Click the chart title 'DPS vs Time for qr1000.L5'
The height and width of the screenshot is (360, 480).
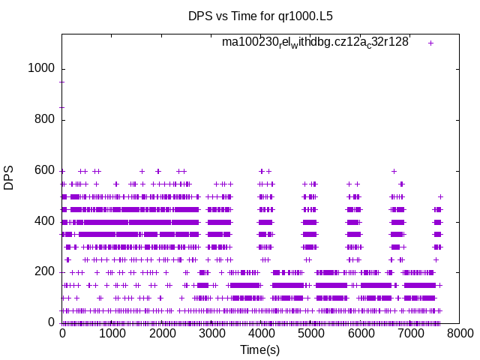click(259, 16)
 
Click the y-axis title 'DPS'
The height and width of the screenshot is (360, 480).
click(9, 178)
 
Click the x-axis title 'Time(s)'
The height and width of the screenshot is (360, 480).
click(259, 349)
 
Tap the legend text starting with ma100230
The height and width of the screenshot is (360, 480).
click(315, 42)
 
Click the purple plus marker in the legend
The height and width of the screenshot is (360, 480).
click(430, 43)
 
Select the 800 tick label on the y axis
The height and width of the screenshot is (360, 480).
click(44, 119)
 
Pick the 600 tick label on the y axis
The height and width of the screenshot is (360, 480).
click(44, 170)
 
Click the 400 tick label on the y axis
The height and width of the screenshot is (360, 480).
click(44, 221)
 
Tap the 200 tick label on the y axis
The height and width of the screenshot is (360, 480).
click(44, 272)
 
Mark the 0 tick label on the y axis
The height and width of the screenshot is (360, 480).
click(51, 322)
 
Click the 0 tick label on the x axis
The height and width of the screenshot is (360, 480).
click(62, 333)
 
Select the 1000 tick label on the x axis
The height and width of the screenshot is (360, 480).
click(112, 333)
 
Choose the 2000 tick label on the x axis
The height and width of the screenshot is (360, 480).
click(162, 333)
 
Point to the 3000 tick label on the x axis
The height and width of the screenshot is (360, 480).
click(211, 333)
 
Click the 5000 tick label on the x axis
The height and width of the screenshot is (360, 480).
click(311, 333)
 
